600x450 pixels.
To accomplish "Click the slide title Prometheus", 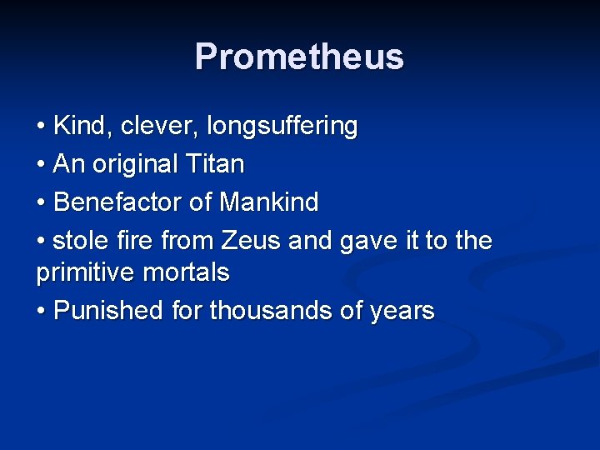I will pos(299,57).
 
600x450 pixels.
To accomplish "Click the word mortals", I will pos(191,272).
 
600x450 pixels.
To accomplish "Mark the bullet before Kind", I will pos(42,127).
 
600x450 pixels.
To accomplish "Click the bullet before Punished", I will pos(42,312).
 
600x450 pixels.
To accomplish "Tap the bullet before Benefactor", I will pos(42,202).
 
